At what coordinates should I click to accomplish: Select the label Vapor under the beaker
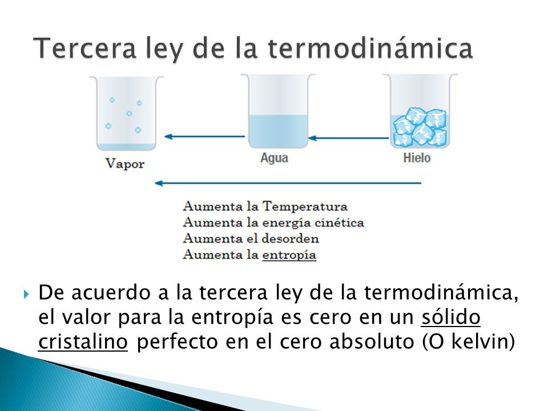pos(125,164)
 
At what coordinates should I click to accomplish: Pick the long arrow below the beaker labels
pos(288,183)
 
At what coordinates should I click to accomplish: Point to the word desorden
pos(289,239)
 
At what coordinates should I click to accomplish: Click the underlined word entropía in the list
pos(289,255)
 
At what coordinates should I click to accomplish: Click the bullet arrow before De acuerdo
pos(27,296)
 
